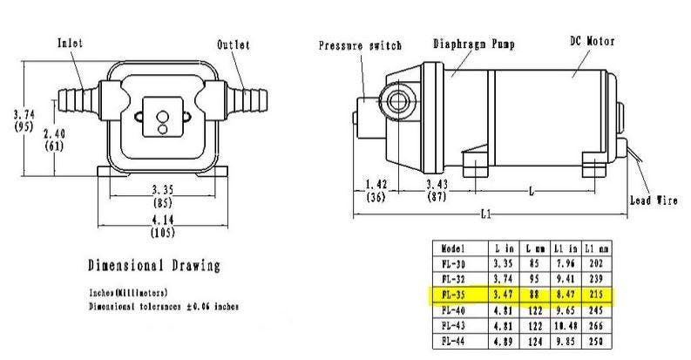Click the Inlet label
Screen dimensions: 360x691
click(x=71, y=43)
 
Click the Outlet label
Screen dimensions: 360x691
click(x=233, y=44)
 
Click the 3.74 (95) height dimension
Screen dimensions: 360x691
click(x=24, y=119)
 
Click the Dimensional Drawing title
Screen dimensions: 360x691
click(x=153, y=266)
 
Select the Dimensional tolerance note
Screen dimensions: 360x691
click(x=164, y=307)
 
